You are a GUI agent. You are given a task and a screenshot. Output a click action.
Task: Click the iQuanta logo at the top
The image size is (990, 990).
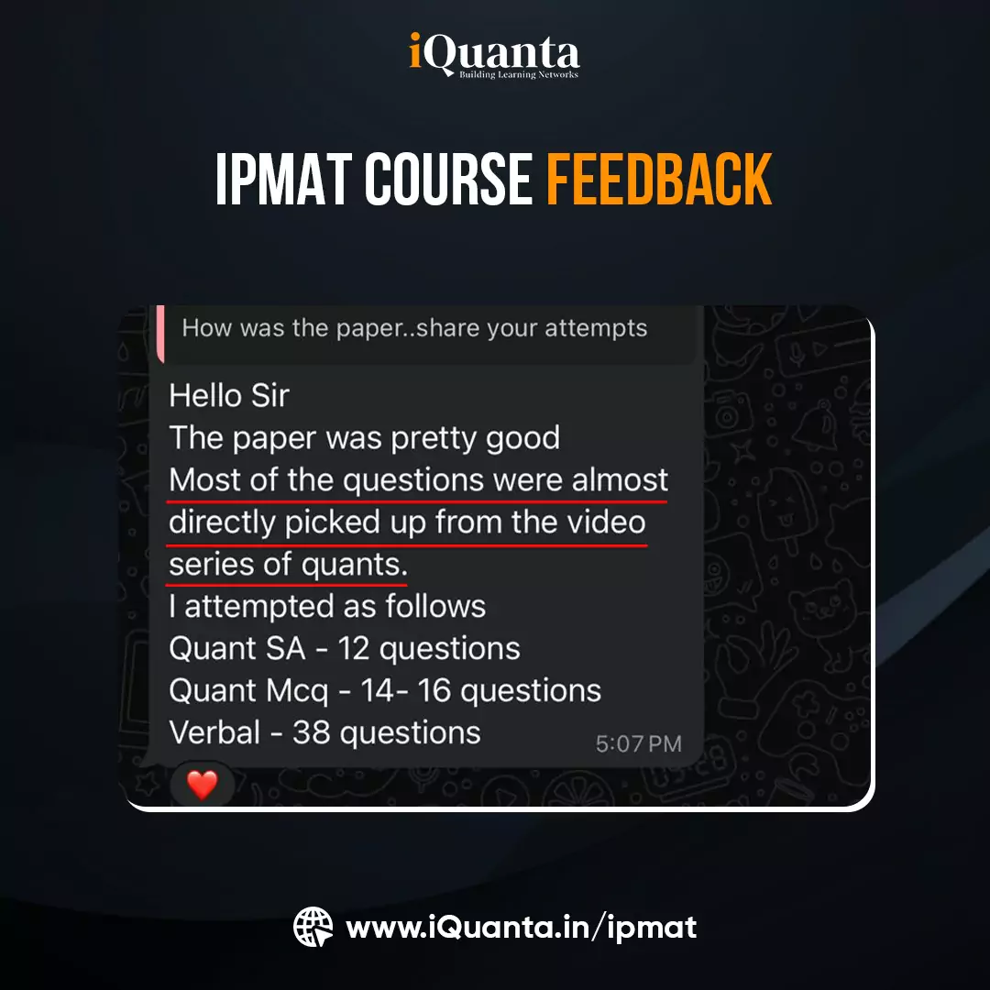(494, 57)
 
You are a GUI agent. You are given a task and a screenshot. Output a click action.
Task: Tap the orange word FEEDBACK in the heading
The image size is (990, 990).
(659, 180)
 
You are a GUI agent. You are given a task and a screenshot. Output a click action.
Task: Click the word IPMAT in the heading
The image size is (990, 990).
(282, 180)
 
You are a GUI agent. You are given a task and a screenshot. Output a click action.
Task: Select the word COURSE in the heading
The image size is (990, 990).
(448, 180)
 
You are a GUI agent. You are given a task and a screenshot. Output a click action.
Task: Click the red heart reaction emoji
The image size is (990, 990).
(202, 785)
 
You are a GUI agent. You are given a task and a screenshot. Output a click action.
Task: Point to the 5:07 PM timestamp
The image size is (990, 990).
(638, 743)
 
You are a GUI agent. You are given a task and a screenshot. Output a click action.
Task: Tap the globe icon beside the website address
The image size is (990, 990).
(313, 927)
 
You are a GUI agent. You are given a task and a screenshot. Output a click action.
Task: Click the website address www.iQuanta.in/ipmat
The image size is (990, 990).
(521, 927)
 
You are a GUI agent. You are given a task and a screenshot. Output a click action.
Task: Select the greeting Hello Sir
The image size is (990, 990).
(229, 396)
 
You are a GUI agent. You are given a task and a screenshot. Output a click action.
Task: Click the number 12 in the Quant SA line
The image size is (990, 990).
(354, 648)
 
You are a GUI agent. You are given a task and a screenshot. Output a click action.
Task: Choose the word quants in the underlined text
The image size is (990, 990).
(353, 565)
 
